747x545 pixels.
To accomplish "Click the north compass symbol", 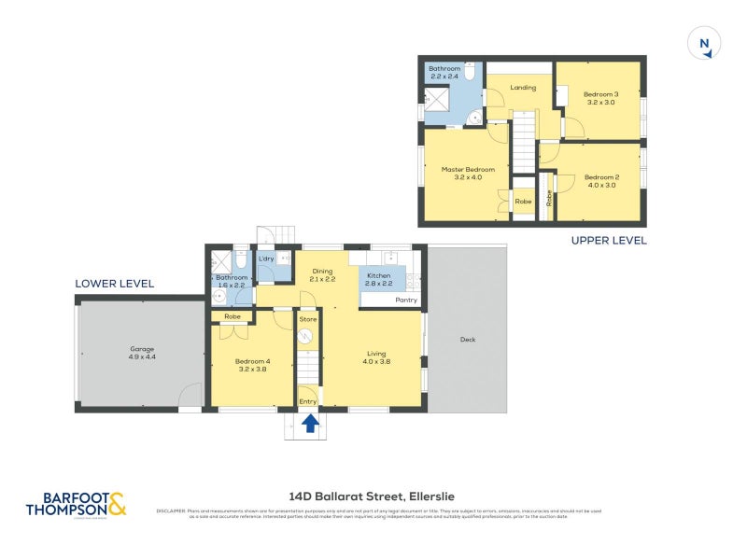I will point(705,43).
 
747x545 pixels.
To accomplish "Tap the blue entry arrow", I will point(311,425).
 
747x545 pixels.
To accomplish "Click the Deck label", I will point(468,340).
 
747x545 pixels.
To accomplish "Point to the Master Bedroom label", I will point(468,169).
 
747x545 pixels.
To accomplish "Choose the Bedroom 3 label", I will point(601,94).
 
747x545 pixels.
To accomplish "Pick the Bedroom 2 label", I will point(602,177).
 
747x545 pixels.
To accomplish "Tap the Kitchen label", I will point(378,276).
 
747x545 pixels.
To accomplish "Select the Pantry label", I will point(405,300).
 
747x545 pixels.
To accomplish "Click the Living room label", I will point(376,353).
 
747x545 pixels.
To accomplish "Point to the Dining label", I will point(322,273).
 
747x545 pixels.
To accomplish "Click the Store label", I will point(308,319).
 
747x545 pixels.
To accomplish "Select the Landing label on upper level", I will point(523,88).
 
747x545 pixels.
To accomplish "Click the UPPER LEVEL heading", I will point(608,241).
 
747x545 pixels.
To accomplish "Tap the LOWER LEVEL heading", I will point(115,284).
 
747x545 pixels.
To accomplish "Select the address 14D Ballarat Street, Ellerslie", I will point(373,496).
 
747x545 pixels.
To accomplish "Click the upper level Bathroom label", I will point(444,69).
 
